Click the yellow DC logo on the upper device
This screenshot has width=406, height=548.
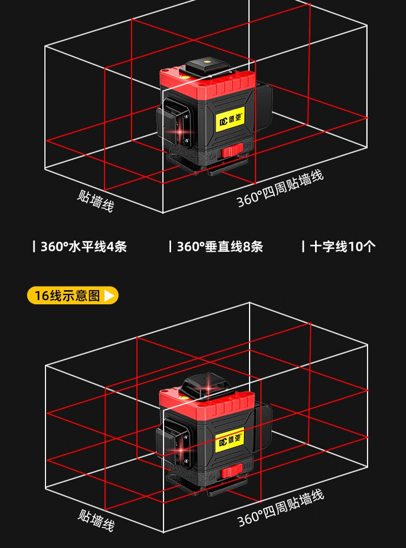230,120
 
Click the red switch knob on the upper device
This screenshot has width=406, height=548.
232,151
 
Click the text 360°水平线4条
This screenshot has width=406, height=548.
83,247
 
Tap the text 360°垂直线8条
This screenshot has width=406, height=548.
220,247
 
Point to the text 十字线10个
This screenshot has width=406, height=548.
343,247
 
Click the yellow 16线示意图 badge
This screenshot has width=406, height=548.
73,295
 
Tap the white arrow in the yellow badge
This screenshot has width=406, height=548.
109,296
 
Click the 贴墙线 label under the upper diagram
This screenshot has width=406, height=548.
95,201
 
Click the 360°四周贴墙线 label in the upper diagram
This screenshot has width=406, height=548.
280,189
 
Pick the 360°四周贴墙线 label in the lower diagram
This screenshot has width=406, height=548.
280,508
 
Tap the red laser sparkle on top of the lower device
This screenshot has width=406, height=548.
209,387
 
